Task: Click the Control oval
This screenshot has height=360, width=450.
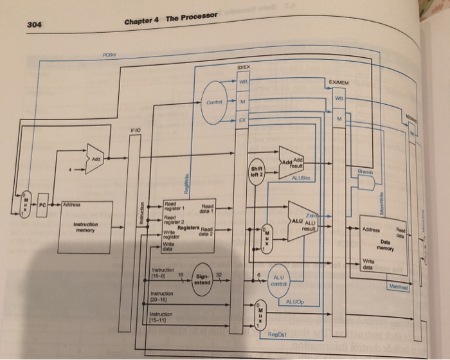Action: point(216,102)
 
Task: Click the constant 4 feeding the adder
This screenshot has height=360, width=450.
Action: point(71,171)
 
